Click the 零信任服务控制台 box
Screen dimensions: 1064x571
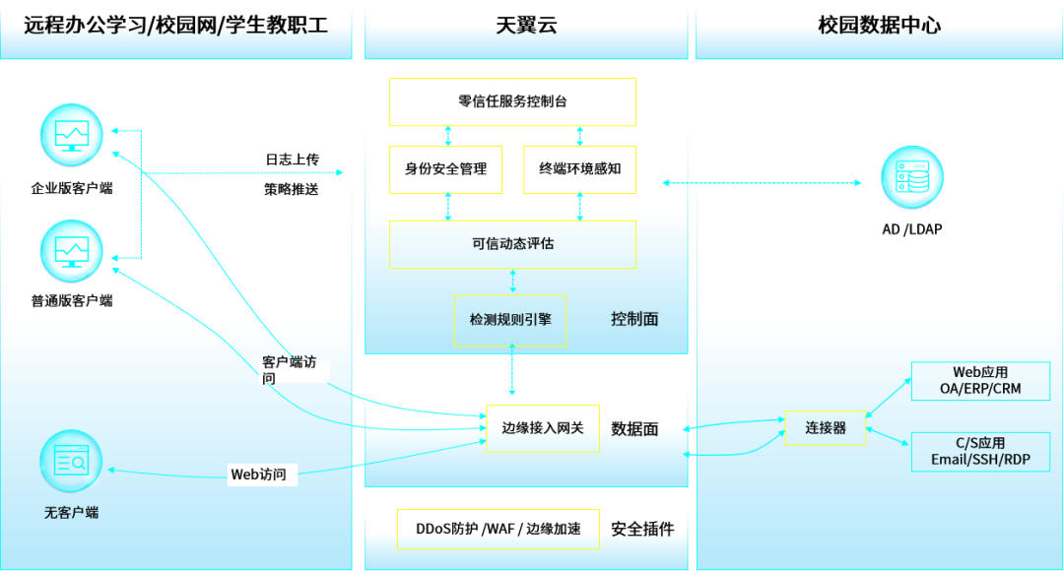[x=512, y=101]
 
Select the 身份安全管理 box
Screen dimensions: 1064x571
[x=446, y=169]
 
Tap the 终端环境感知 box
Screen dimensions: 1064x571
[x=579, y=169]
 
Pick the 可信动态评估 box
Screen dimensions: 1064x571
[x=512, y=244]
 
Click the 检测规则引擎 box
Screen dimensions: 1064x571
[x=510, y=320]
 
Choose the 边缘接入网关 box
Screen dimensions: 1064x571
[x=543, y=428]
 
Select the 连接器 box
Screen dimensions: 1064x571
[x=826, y=428]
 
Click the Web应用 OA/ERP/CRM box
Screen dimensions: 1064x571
[x=980, y=380]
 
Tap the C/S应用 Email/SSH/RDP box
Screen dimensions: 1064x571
[x=980, y=452]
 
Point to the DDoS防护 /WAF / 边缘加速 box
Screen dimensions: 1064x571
[x=499, y=529]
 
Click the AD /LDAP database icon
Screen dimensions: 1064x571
[x=912, y=177]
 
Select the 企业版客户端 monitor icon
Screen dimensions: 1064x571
[x=71, y=135]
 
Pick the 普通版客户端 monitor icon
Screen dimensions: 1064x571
[x=71, y=251]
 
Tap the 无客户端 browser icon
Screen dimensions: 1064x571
[x=71, y=461]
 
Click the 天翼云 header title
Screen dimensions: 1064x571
[x=526, y=26]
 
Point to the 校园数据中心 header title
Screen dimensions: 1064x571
[x=880, y=26]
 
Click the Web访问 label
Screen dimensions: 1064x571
[x=258, y=475]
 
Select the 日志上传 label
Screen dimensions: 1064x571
[x=292, y=159]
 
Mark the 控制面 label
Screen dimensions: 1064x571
[x=634, y=319]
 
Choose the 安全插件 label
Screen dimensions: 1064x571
[x=642, y=529]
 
